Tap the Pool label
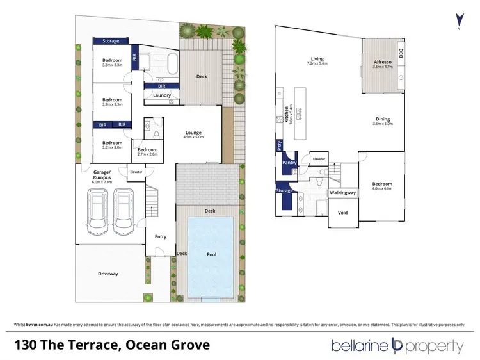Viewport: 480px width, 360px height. (212, 254)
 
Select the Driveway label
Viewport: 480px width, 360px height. (108, 274)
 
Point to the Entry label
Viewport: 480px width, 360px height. (160, 236)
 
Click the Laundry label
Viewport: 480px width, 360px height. (162, 95)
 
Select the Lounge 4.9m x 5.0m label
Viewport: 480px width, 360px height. (193, 135)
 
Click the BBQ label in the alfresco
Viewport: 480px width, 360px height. (401, 53)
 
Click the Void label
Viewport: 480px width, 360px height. (342, 213)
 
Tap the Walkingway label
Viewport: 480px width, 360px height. (342, 192)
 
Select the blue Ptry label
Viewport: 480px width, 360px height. (280, 145)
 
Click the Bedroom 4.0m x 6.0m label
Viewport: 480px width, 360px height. (382, 186)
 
